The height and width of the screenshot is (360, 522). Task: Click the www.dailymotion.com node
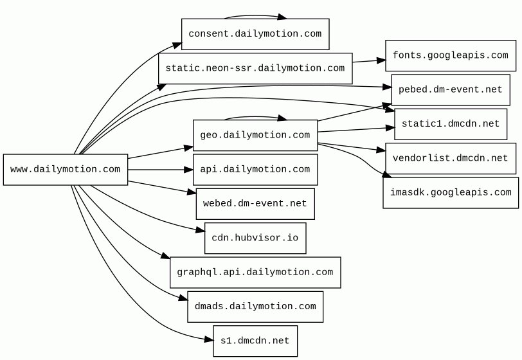(x=66, y=170)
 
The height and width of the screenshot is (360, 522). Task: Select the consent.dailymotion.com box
(x=255, y=34)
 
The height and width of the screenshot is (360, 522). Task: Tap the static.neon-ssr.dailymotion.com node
(x=255, y=68)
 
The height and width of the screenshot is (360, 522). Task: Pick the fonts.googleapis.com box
(x=451, y=56)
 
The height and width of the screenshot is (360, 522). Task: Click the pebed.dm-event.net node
(x=451, y=90)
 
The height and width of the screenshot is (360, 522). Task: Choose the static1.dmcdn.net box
(x=451, y=124)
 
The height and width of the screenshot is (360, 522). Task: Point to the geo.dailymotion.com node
(x=255, y=135)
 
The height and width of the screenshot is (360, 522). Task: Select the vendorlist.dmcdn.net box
(x=451, y=159)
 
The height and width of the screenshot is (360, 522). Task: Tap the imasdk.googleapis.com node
(x=451, y=193)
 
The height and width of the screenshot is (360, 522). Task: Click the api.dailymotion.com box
(x=255, y=170)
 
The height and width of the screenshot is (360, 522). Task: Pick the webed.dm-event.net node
(x=255, y=204)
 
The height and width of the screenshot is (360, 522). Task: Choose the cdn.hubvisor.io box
(x=255, y=238)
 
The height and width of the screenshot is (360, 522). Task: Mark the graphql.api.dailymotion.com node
(x=255, y=273)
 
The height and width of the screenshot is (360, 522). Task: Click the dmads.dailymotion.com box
(x=255, y=307)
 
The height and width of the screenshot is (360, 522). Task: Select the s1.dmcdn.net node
(x=255, y=341)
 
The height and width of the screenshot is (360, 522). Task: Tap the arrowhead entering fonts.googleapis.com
(x=381, y=60)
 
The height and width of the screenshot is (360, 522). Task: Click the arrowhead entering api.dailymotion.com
(x=189, y=170)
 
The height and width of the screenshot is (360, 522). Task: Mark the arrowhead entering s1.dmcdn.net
(x=209, y=339)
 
